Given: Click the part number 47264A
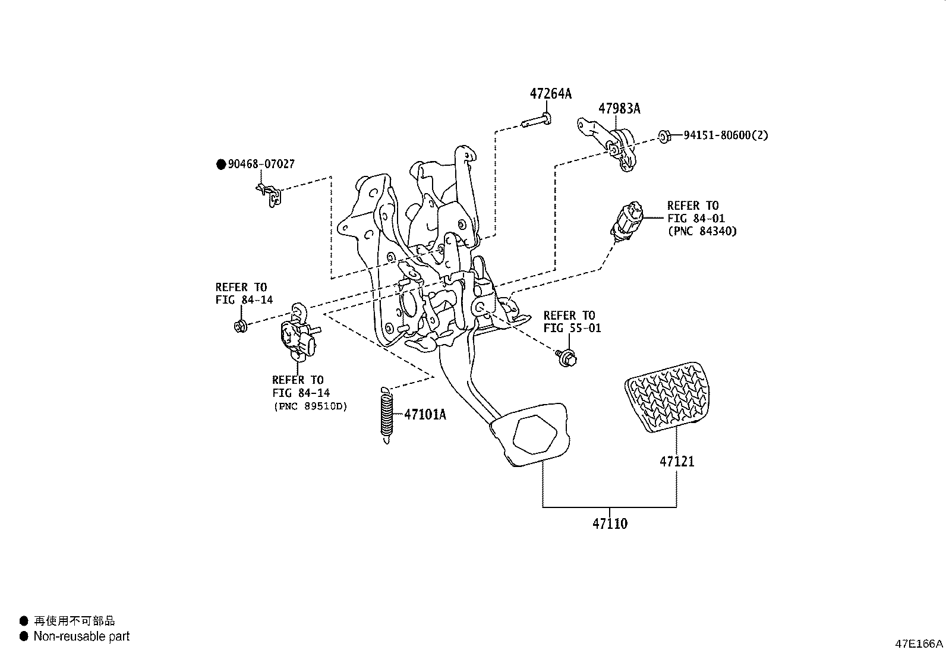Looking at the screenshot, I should tap(550, 94).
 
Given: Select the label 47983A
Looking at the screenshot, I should tap(619, 109).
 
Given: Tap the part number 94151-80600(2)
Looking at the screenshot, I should tap(726, 135).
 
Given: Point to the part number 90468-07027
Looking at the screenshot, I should tap(261, 164).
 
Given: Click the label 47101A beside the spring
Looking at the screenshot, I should tap(425, 414).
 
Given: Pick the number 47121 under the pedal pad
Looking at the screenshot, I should tap(676, 461).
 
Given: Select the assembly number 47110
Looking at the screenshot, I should tap(610, 523).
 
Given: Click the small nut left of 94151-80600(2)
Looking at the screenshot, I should tap(665, 137).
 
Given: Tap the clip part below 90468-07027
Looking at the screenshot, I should tap(269, 194).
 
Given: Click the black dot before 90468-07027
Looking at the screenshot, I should tap(221, 165).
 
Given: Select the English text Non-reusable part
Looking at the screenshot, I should tap(81, 636).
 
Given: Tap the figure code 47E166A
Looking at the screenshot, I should tap(919, 643).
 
